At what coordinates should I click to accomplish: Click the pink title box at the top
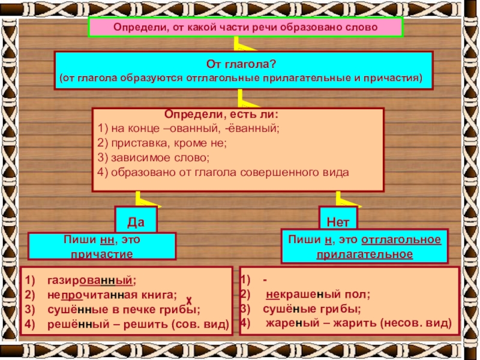tap(245, 28)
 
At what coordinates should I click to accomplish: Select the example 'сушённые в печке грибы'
tap(123, 310)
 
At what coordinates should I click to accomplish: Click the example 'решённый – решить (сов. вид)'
tap(137, 324)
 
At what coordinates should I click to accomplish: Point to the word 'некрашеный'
tap(299, 295)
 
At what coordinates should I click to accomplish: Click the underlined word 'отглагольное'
tap(401, 240)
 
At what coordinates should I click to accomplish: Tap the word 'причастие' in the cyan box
tap(102, 254)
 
